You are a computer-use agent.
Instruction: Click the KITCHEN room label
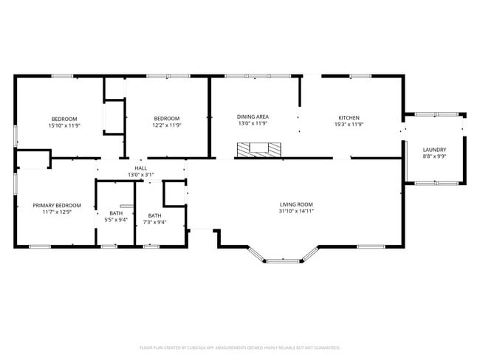click(349, 118)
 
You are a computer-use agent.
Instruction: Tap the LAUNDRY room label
click(434, 150)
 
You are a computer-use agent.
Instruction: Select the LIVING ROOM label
click(296, 204)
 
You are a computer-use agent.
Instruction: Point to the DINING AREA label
click(253, 117)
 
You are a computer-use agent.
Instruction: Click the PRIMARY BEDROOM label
click(57, 205)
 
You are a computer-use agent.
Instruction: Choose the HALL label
click(140, 168)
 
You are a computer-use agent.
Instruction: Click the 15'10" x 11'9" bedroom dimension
click(65, 125)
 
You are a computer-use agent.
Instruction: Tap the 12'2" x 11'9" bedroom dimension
click(167, 125)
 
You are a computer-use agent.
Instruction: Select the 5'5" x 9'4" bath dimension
click(116, 220)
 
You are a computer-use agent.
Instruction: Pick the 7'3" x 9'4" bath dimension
click(154, 222)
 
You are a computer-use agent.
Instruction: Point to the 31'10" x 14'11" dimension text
click(296, 211)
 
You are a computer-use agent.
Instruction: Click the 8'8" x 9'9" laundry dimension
click(434, 156)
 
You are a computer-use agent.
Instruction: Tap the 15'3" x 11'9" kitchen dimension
click(349, 125)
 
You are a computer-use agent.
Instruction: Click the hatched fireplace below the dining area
click(258, 150)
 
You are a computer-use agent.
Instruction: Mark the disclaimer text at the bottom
click(240, 347)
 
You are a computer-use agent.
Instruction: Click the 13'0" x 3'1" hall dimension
click(140, 175)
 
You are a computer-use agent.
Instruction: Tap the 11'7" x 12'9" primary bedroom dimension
click(57, 212)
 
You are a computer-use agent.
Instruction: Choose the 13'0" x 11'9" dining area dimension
click(253, 123)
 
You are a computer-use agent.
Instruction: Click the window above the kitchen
click(360, 75)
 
